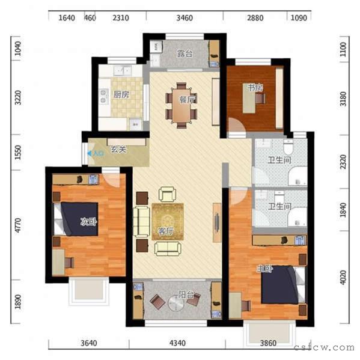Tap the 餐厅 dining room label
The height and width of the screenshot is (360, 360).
point(186,99)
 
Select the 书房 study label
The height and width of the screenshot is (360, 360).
point(255,88)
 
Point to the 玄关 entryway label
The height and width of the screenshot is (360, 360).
point(118,150)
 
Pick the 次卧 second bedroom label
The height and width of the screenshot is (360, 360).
point(89,221)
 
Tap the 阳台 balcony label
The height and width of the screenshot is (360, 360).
point(186,295)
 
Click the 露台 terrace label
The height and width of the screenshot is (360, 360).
point(185,54)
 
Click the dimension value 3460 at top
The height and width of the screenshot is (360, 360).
point(185,18)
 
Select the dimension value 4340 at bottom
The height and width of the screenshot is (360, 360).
point(178,343)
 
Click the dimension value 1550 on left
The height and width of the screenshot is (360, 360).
point(18,153)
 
